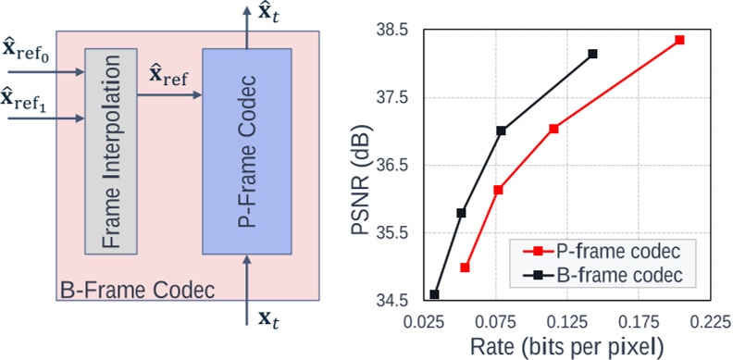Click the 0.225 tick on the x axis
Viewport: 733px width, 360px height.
(x=710, y=323)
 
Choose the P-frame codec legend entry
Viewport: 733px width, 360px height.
(x=608, y=251)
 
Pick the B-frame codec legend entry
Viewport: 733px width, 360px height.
(x=608, y=275)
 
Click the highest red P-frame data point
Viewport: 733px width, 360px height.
(x=679, y=40)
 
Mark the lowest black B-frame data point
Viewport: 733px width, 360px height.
(x=434, y=294)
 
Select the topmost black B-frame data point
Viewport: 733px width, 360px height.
(x=592, y=54)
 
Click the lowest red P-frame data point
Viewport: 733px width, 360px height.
(x=465, y=267)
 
